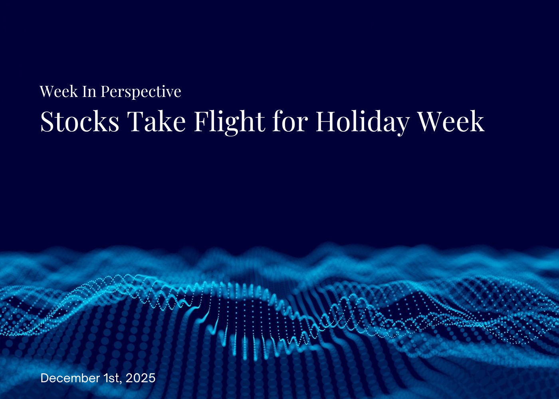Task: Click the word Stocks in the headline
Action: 80,121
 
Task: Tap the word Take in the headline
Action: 157,121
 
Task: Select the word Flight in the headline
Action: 229,121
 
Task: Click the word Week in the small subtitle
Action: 59,92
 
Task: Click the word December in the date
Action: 70,378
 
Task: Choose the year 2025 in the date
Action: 140,378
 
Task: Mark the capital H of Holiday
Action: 326,121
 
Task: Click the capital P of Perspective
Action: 105,92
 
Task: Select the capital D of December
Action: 44,378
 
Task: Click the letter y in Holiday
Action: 402,124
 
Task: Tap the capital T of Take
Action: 135,121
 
